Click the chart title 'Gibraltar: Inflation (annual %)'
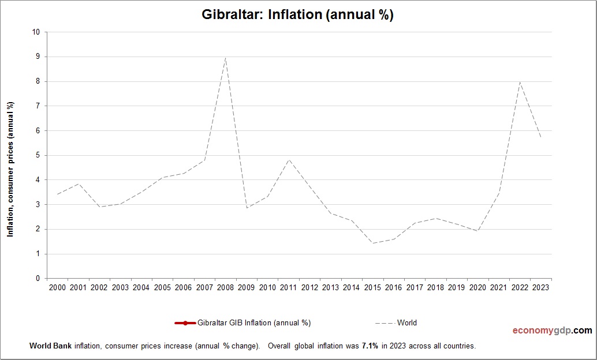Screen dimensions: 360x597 (x=297, y=15)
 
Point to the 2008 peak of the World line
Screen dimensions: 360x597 (x=225, y=57)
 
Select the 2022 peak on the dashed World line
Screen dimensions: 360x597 (x=520, y=82)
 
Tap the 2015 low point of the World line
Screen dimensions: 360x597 (x=372, y=243)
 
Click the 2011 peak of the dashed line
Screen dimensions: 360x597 (x=288, y=160)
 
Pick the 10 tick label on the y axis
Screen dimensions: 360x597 (x=36, y=32)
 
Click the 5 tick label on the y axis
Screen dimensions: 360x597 (x=38, y=156)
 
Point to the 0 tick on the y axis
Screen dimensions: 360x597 (x=38, y=279)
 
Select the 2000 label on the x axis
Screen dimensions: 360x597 (x=57, y=287)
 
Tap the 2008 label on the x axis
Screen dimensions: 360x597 (x=225, y=287)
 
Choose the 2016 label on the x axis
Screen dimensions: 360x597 (x=393, y=287)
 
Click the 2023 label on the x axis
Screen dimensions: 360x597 (x=540, y=287)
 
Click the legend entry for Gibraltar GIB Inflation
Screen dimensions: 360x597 (x=255, y=323)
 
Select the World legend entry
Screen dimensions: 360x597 (x=406, y=323)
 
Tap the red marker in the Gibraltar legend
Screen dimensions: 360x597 (x=185, y=323)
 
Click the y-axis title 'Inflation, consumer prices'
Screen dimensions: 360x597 (x=10, y=169)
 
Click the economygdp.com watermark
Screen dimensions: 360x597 (x=552, y=331)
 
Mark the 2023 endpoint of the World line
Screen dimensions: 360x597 (x=540, y=137)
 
